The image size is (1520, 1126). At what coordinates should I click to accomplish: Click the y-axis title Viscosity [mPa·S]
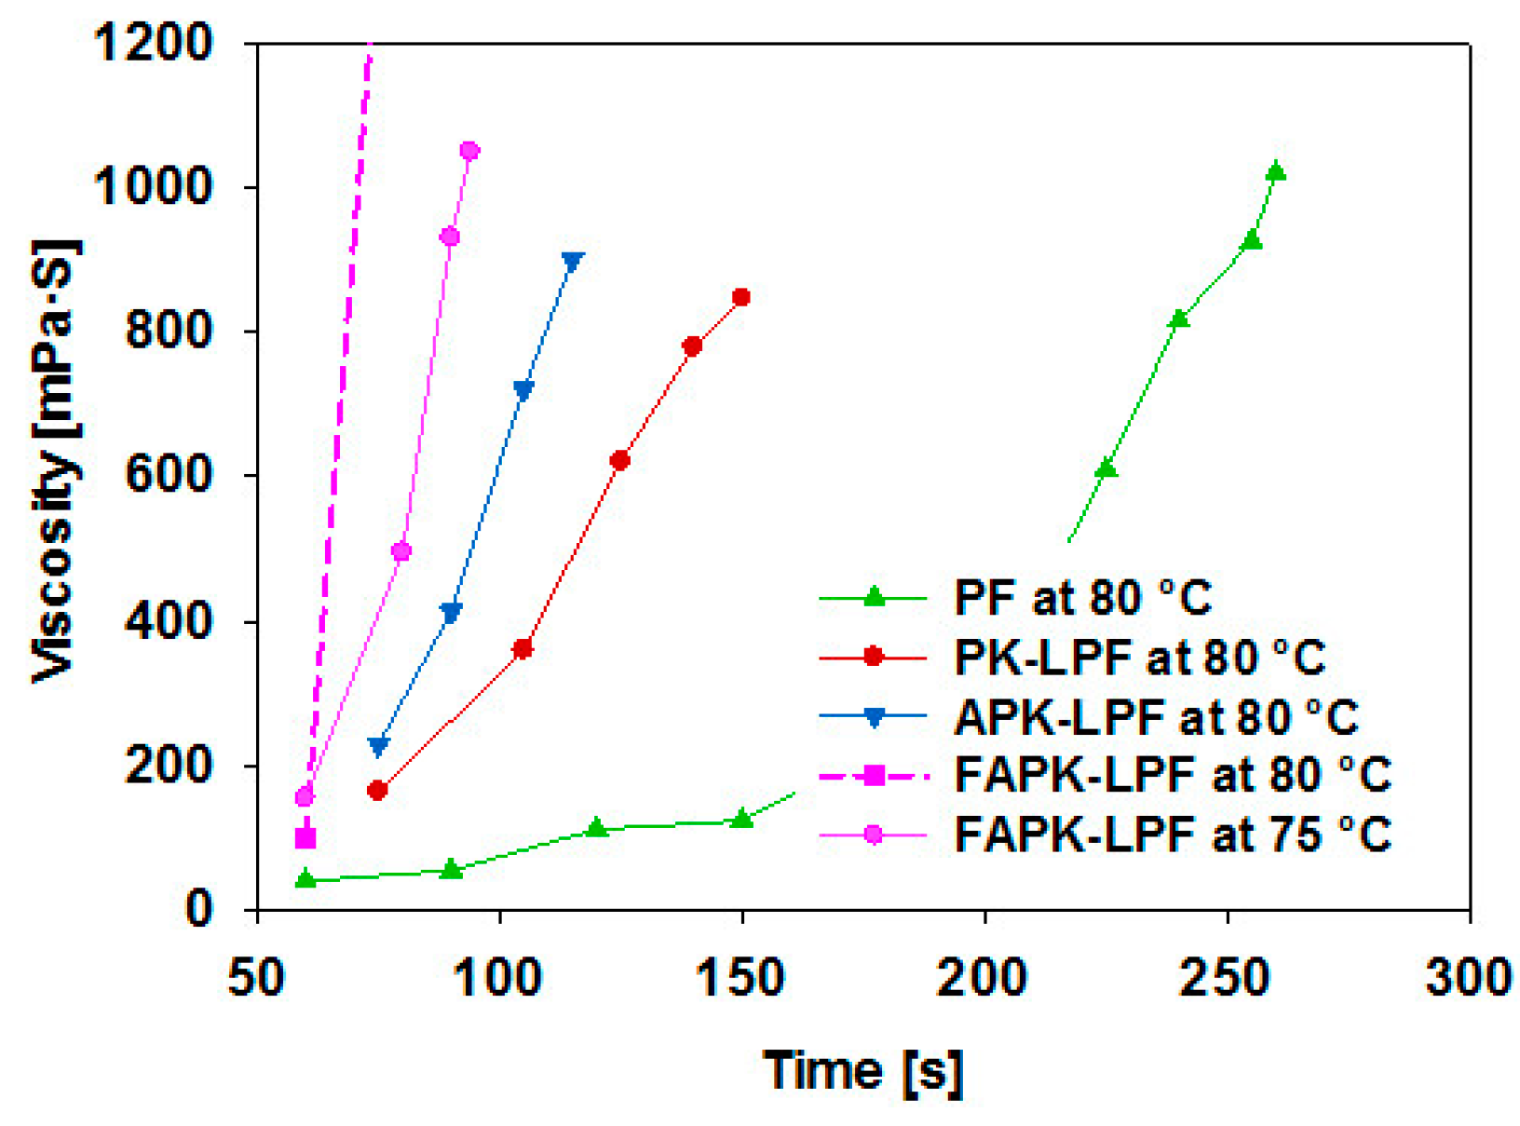click(56, 461)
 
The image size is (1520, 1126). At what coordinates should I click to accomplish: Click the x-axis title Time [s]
click(862, 1071)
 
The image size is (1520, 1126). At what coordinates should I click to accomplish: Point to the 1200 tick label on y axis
click(154, 43)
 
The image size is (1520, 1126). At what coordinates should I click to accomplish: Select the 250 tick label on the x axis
click(1226, 978)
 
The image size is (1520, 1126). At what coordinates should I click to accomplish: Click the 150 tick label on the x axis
click(741, 978)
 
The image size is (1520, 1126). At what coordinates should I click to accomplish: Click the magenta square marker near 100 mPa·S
click(305, 838)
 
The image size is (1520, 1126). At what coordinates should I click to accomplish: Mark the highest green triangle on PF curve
click(1276, 172)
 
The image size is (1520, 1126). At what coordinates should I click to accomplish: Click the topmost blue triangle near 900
click(573, 261)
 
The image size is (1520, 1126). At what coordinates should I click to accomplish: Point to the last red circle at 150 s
click(741, 298)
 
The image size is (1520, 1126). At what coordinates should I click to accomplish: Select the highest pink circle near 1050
click(470, 151)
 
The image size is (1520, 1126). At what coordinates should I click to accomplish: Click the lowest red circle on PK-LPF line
click(377, 791)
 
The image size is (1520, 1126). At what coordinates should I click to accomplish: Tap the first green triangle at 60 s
click(305, 878)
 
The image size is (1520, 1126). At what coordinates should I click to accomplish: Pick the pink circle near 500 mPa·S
click(401, 551)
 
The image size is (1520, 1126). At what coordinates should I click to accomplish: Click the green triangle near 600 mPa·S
click(1106, 468)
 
